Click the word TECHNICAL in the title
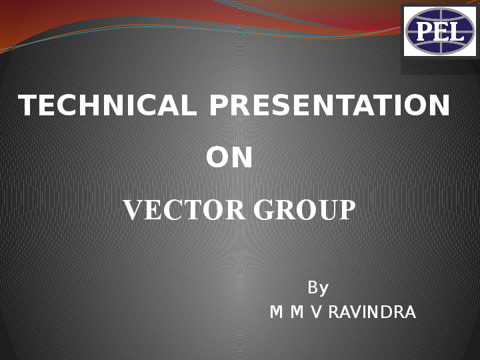click(107, 106)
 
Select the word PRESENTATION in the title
click(329, 106)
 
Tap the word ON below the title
click(229, 159)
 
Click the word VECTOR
click(184, 211)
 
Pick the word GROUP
click(304, 211)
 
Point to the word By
click(318, 288)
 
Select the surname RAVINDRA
click(371, 312)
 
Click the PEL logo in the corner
click(440, 31)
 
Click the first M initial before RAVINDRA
click(276, 312)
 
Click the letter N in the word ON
click(242, 159)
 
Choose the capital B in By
click(313, 288)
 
